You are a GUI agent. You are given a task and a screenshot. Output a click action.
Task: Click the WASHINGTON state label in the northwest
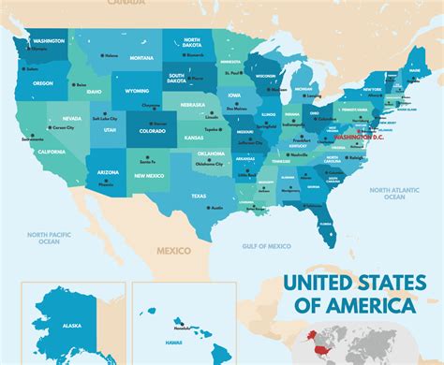click(49, 41)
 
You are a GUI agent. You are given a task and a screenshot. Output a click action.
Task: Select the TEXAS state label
click(199, 195)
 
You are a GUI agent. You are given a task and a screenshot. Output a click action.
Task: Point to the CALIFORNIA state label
click(52, 151)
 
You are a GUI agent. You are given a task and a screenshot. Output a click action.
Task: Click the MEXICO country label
click(173, 250)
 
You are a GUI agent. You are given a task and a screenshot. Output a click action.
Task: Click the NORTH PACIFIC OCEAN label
click(43, 238)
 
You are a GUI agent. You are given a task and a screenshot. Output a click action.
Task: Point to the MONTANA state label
click(141, 58)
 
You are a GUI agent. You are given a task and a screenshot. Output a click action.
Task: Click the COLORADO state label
click(152, 132)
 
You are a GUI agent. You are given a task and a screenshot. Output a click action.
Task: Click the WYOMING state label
click(137, 92)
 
